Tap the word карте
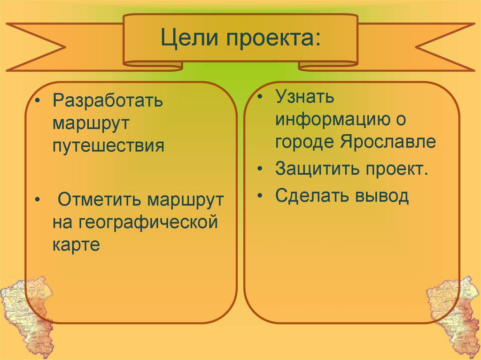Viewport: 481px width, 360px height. (x=76, y=244)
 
